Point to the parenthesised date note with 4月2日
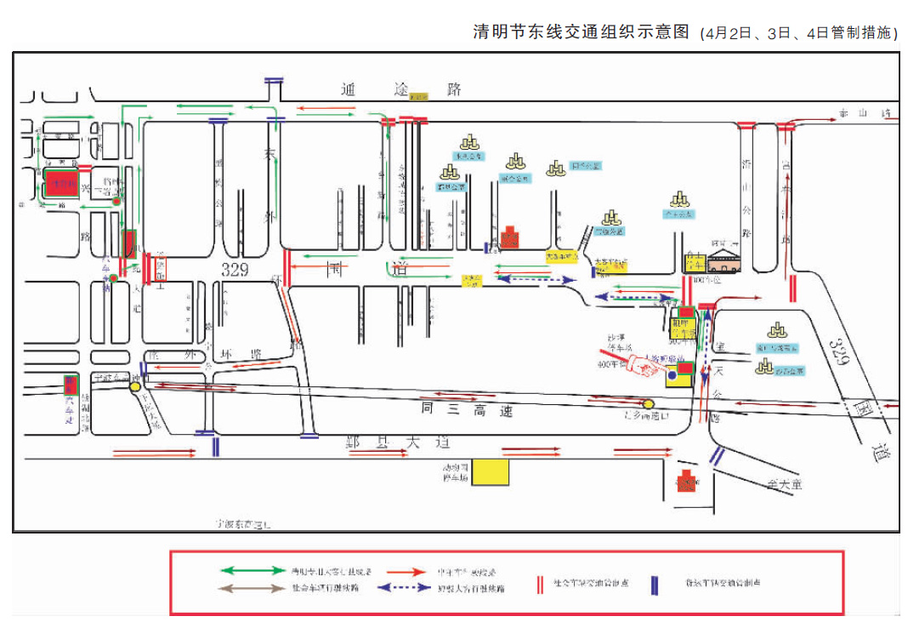(799, 33)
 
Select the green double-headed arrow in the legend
(253, 570)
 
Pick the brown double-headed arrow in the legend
(253, 587)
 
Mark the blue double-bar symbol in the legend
(655, 584)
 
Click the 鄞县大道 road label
(394, 442)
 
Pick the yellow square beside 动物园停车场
(491, 471)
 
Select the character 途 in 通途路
(401, 88)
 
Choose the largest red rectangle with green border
(62, 186)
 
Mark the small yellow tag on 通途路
(418, 97)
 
